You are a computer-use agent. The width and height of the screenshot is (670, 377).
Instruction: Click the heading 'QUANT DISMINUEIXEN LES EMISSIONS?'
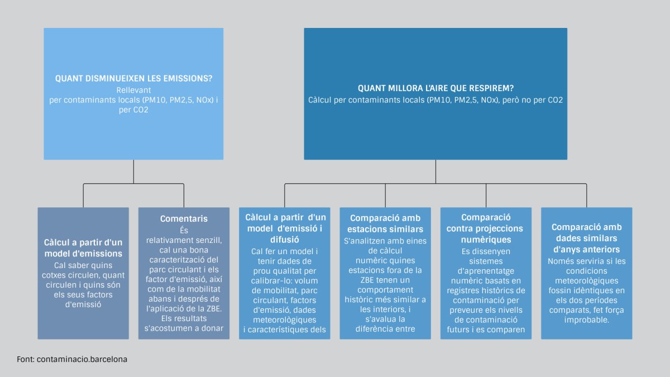[x=133, y=79]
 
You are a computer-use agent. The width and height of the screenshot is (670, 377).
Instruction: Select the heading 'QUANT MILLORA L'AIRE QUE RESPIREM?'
[x=435, y=89]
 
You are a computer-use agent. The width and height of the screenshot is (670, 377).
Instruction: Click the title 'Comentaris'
[x=184, y=218]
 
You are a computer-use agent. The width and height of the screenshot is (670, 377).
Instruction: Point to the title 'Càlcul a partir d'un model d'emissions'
[x=83, y=248]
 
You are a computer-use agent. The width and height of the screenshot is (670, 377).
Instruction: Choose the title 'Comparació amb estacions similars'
[x=385, y=223]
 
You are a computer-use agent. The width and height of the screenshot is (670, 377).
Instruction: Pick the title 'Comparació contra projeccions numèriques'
[x=486, y=228]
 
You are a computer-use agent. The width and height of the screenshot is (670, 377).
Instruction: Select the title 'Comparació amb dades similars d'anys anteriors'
[x=586, y=238]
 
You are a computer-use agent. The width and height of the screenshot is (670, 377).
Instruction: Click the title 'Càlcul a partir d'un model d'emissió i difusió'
[x=285, y=228]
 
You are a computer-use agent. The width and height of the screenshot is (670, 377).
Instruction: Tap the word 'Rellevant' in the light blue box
[x=134, y=90]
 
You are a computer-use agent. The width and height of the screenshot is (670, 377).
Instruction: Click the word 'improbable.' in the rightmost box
[x=586, y=321]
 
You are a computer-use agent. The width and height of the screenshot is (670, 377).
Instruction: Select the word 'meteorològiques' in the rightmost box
[x=586, y=280]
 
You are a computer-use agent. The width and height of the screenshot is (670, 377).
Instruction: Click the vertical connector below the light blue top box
[x=133, y=171]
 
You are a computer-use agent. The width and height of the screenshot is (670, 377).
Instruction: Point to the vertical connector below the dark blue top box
[x=435, y=171]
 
